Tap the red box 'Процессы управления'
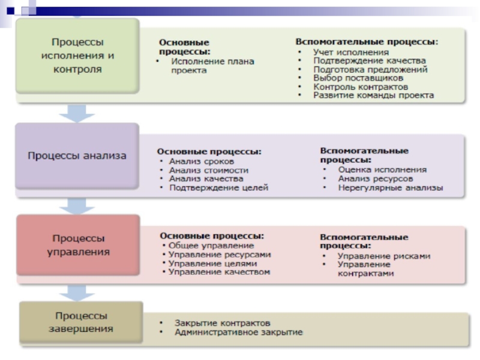point(78,245)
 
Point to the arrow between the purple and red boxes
point(76,206)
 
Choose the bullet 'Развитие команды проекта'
point(373,95)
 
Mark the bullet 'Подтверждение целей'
point(218,188)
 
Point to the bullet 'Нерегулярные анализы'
point(390,188)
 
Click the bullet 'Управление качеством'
point(219,272)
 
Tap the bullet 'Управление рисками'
point(384,256)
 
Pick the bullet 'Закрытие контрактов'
point(218,323)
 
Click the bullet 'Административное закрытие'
point(238,332)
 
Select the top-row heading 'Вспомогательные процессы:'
point(367,42)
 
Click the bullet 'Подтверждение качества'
point(369,61)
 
